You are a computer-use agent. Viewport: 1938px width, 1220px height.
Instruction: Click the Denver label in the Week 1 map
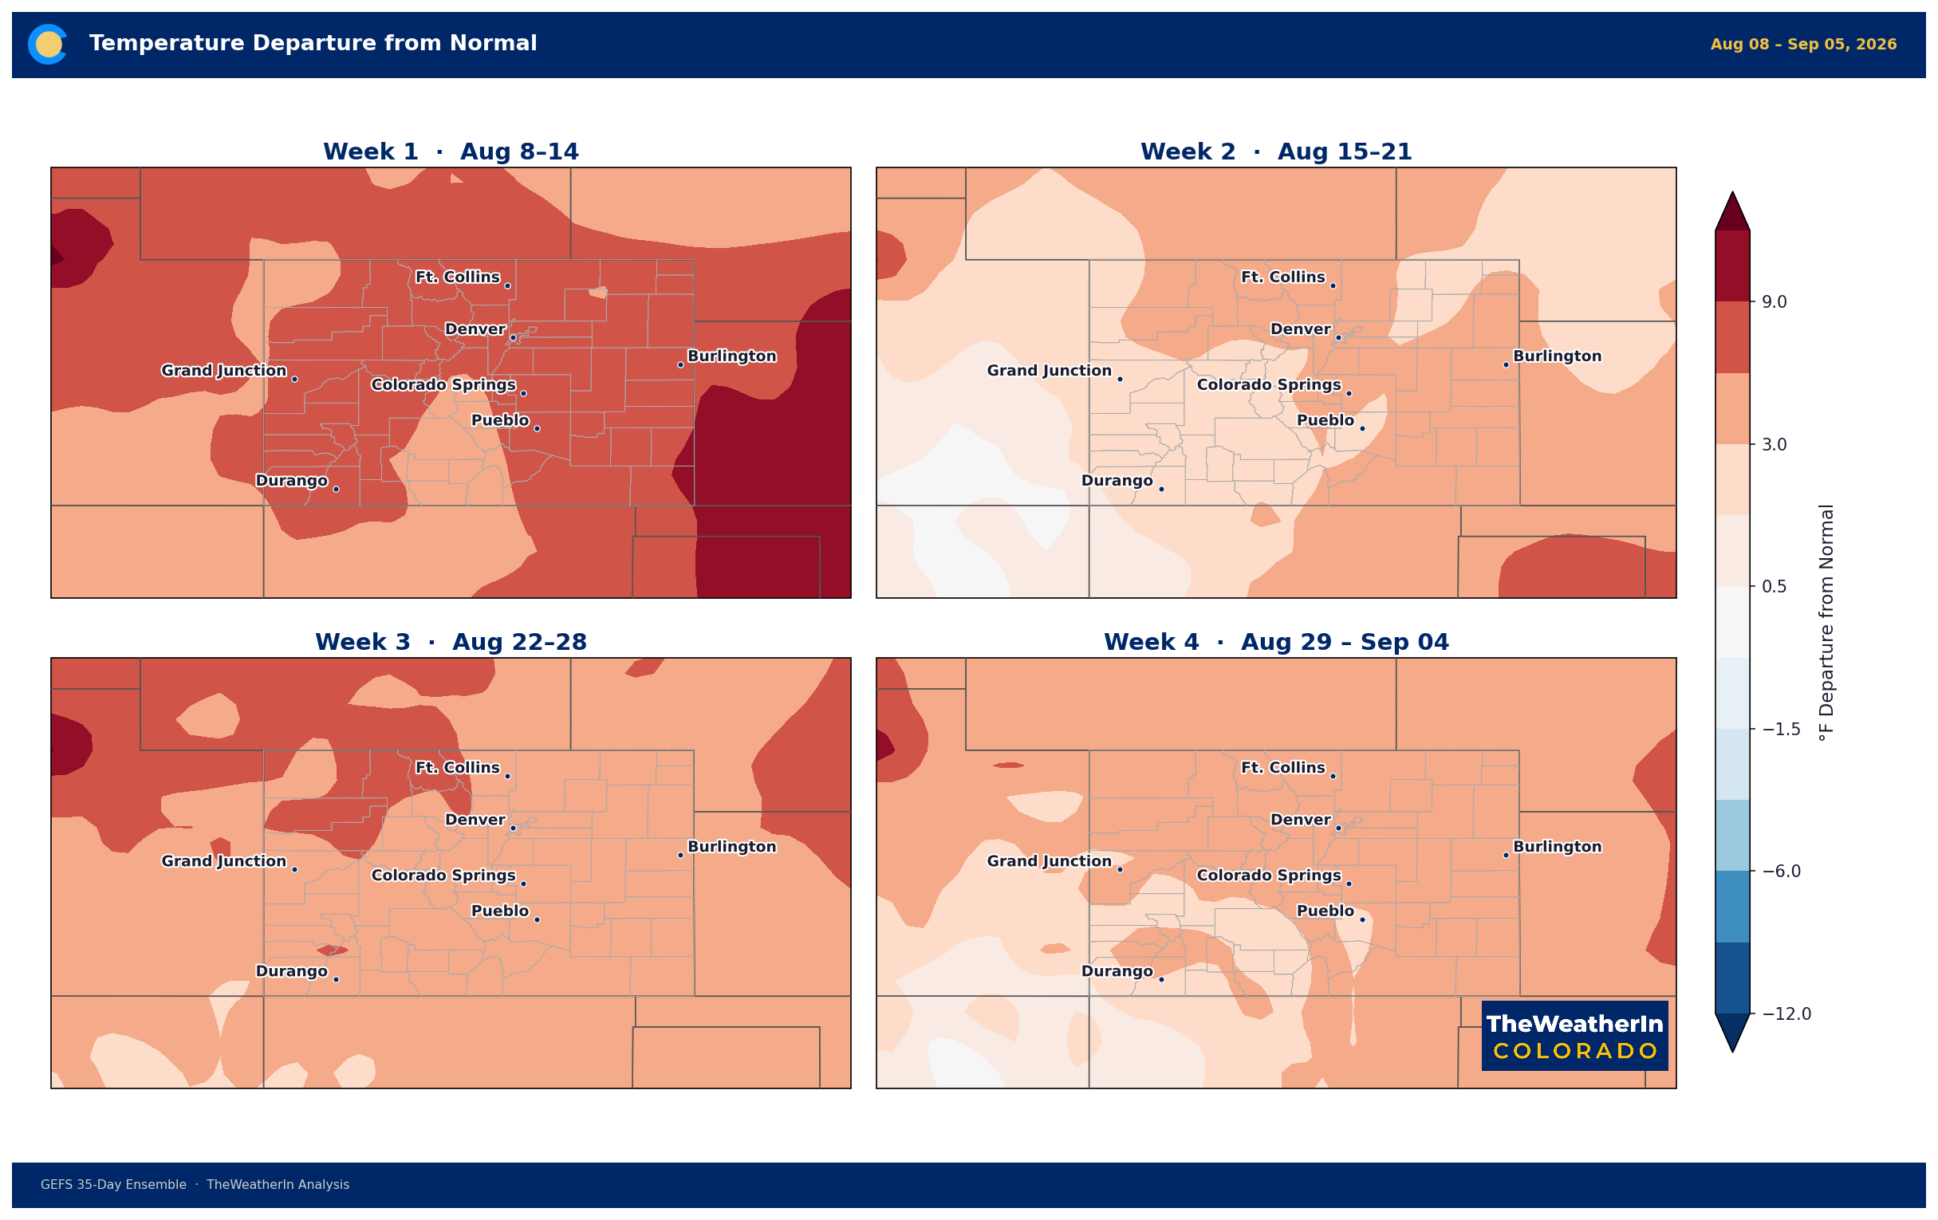pyautogui.click(x=475, y=329)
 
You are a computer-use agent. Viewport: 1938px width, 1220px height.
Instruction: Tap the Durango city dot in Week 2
pyautogui.click(x=1161, y=490)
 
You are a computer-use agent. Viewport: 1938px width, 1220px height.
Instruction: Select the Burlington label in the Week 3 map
pyautogui.click(x=731, y=847)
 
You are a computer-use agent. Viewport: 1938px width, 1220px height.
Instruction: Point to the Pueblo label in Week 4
pyautogui.click(x=1325, y=911)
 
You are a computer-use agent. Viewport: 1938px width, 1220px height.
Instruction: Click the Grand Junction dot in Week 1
pyautogui.click(x=294, y=379)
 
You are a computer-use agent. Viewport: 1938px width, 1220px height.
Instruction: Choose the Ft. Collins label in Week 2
pyautogui.click(x=1283, y=277)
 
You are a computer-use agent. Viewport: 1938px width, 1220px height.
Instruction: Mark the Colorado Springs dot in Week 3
pyautogui.click(x=523, y=884)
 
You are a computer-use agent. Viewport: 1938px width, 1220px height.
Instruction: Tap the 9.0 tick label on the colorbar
pyautogui.click(x=1775, y=301)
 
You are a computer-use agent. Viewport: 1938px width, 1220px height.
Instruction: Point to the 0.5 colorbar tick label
pyautogui.click(x=1775, y=587)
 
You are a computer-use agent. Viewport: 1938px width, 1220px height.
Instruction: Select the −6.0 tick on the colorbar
pyautogui.click(x=1782, y=872)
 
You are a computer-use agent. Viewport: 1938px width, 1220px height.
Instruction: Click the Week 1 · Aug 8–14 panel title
pyautogui.click(x=451, y=152)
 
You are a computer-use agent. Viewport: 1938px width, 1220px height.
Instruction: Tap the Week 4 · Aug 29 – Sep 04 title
pyautogui.click(x=1276, y=642)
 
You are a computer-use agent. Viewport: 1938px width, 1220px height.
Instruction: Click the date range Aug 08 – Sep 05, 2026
pyautogui.click(x=1803, y=45)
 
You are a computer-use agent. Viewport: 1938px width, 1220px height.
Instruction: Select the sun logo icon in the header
pyautogui.click(x=48, y=45)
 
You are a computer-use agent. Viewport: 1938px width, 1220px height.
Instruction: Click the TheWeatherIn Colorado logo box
pyautogui.click(x=1575, y=1036)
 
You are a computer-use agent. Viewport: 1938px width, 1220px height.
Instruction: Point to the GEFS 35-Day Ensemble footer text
pyautogui.click(x=113, y=1185)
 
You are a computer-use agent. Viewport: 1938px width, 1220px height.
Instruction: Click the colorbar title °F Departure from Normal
pyautogui.click(x=1827, y=622)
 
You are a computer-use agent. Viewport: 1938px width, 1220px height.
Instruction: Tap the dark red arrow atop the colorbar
pyautogui.click(x=1733, y=211)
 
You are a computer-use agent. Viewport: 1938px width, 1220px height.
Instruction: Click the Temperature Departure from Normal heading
pyautogui.click(x=313, y=43)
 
